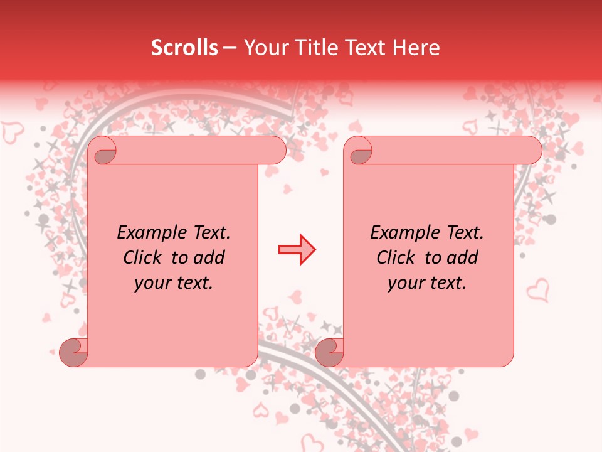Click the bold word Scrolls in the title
(184, 48)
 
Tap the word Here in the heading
(418, 48)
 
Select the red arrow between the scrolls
(297, 250)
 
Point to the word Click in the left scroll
(144, 257)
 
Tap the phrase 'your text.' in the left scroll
(174, 282)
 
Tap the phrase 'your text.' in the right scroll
(427, 282)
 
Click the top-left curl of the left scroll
(102, 151)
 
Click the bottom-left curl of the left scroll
(73, 353)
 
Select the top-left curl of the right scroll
(358, 151)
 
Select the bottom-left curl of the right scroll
(329, 353)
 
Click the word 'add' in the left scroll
(209, 257)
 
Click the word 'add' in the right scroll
(462, 257)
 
